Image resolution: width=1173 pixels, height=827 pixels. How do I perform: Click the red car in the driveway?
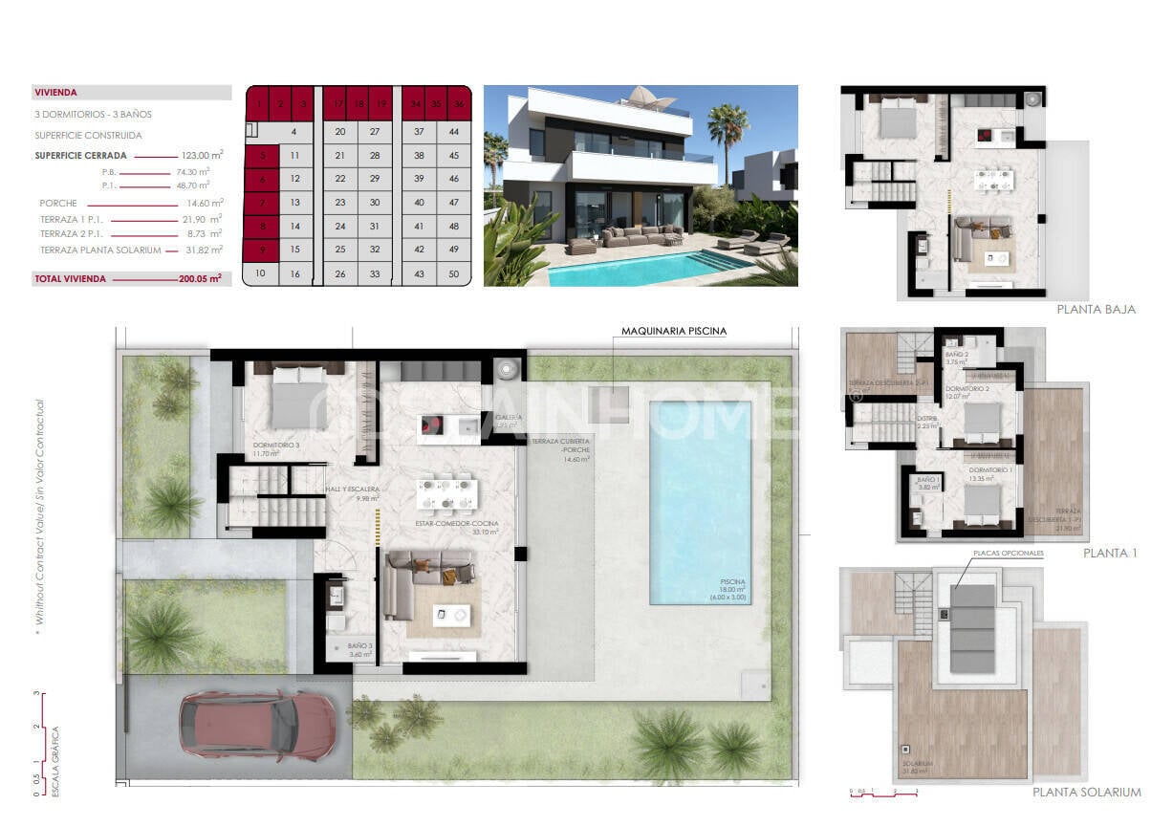tap(258, 724)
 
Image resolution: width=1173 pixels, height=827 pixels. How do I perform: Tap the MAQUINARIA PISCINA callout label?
tap(673, 332)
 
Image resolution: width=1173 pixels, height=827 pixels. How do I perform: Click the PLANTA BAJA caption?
tap(1096, 310)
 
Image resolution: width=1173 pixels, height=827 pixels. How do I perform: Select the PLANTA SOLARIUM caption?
tap(1086, 792)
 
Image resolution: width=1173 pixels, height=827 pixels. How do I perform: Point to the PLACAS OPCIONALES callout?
tap(1008, 554)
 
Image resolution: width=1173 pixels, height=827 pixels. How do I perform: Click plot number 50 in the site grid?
tap(453, 274)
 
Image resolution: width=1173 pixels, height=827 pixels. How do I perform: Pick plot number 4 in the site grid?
tap(294, 132)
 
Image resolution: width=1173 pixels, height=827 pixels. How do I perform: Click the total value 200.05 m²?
tap(200, 279)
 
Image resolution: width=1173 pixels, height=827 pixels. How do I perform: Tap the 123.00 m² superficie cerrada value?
tap(202, 155)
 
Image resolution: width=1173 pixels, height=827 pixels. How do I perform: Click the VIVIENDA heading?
tap(55, 93)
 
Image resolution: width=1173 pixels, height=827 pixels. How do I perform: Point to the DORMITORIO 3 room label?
tap(276, 446)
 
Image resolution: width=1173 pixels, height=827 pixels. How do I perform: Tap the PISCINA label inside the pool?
tap(733, 582)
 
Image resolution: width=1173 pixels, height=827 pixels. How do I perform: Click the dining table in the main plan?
tap(447, 493)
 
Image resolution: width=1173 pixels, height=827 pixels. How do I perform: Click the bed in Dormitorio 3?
tap(298, 401)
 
